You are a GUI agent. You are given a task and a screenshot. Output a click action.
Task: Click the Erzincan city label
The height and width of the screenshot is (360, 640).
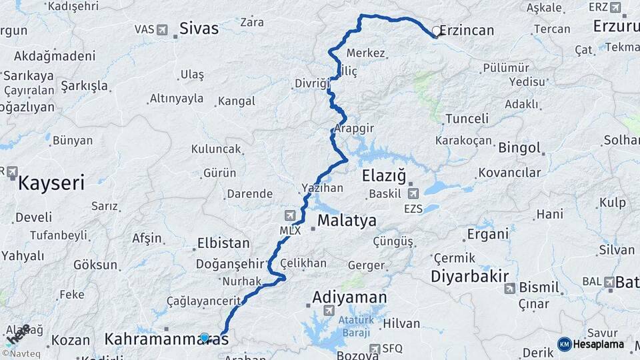pyautogui.click(x=467, y=30)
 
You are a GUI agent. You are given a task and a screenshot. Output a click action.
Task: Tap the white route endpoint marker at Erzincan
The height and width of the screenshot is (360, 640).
pyautogui.click(x=437, y=31)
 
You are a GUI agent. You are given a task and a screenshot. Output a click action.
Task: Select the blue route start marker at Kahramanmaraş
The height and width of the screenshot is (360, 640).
pyautogui.click(x=205, y=338)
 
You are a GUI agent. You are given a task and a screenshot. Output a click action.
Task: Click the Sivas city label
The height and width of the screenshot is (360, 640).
pyautogui.click(x=199, y=29)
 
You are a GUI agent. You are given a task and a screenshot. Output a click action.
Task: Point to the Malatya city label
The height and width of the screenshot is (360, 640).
pyautogui.click(x=347, y=221)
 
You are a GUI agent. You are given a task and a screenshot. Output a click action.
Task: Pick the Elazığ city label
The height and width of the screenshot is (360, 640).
pyautogui.click(x=383, y=176)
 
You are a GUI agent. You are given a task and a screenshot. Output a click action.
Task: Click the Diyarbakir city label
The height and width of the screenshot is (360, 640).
pyautogui.click(x=470, y=276)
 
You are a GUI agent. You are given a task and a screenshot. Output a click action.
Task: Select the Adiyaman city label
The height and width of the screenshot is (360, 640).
pyautogui.click(x=349, y=297)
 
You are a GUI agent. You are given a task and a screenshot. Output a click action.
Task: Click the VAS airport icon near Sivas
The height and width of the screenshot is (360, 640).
pyautogui.click(x=162, y=30)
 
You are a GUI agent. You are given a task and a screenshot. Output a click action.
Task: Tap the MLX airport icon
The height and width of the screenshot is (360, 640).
pyautogui.click(x=290, y=215)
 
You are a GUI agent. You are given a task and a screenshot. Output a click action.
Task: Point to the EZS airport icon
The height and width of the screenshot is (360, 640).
pyautogui.click(x=413, y=194)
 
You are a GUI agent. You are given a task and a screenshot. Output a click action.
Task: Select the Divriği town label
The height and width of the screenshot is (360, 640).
pyautogui.click(x=311, y=83)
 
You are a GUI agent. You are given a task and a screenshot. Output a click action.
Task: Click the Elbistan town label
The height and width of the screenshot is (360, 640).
pyautogui.click(x=223, y=243)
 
